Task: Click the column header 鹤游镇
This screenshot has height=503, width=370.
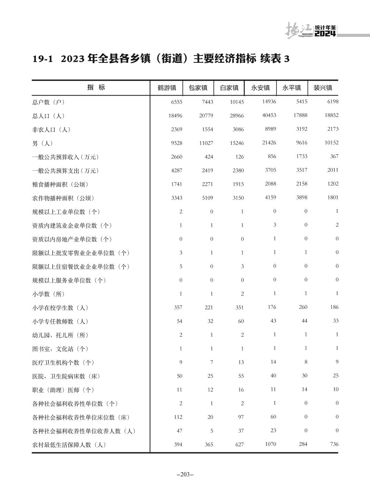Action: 167,88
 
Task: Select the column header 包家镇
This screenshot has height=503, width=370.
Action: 198,88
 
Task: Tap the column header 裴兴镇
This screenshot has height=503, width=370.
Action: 323,88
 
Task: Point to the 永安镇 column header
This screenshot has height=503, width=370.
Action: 260,88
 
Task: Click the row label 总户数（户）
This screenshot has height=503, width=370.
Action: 49,102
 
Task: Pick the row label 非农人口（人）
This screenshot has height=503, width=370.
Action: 51,130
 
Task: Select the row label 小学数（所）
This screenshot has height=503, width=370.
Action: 49,294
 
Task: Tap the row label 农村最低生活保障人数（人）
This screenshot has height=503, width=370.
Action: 69,445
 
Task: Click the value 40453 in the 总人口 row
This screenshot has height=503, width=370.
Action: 269,115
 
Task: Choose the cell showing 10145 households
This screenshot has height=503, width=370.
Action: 237,102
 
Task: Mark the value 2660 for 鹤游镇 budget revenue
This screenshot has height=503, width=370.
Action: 176,157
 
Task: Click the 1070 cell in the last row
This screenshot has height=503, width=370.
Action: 270,444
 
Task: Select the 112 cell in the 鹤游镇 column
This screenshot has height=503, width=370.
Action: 178,417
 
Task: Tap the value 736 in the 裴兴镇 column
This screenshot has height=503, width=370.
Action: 334,444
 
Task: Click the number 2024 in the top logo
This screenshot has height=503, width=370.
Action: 325,34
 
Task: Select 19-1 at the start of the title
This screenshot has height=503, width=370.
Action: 43,59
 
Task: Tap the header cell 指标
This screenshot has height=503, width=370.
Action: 96,88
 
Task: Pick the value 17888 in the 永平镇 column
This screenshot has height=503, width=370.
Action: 300,115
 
